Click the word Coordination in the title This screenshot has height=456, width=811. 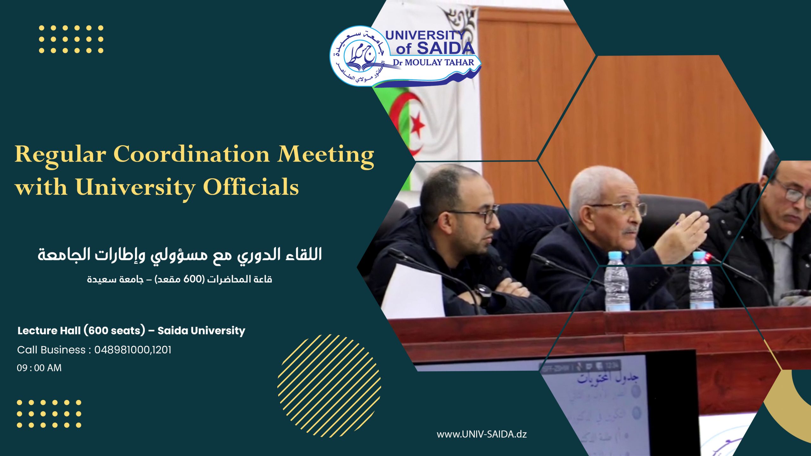(x=191, y=155)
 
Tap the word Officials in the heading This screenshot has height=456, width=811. (x=251, y=187)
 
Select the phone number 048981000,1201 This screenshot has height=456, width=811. (x=133, y=350)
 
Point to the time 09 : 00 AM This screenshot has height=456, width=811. (x=39, y=368)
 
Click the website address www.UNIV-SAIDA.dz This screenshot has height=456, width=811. (x=482, y=434)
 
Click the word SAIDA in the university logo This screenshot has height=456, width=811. (x=445, y=48)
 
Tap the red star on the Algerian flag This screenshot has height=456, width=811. (x=418, y=124)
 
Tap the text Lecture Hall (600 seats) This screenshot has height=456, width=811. (x=81, y=331)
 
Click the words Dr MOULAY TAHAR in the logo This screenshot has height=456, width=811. (x=433, y=63)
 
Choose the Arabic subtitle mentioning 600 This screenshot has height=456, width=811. (x=180, y=279)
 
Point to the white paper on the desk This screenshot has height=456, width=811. (x=412, y=291)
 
